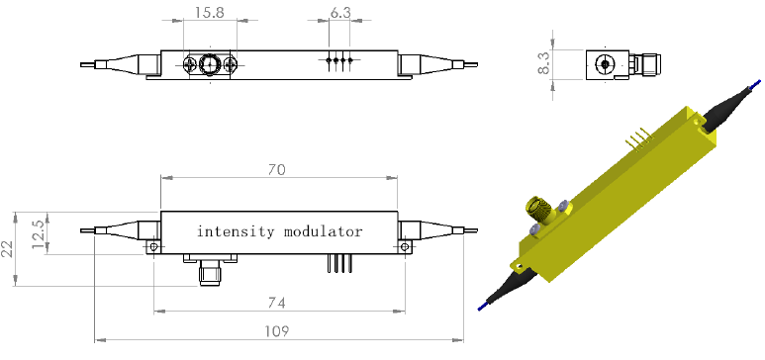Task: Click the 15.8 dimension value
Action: (x=209, y=12)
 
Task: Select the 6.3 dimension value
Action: (x=340, y=12)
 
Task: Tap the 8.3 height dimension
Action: (x=543, y=63)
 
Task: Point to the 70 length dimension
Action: (x=277, y=169)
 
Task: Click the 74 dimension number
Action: (x=277, y=303)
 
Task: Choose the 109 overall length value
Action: (x=277, y=331)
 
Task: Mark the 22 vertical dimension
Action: (x=7, y=249)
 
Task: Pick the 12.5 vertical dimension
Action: (x=39, y=233)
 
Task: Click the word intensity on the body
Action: (x=236, y=230)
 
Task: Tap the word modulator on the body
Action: (x=323, y=230)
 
